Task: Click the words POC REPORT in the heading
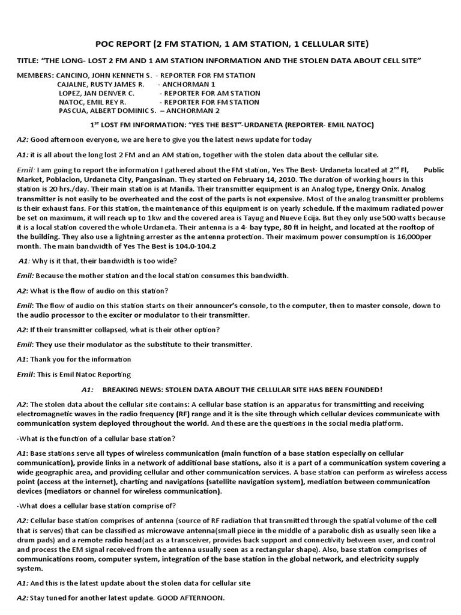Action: pos(122,44)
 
